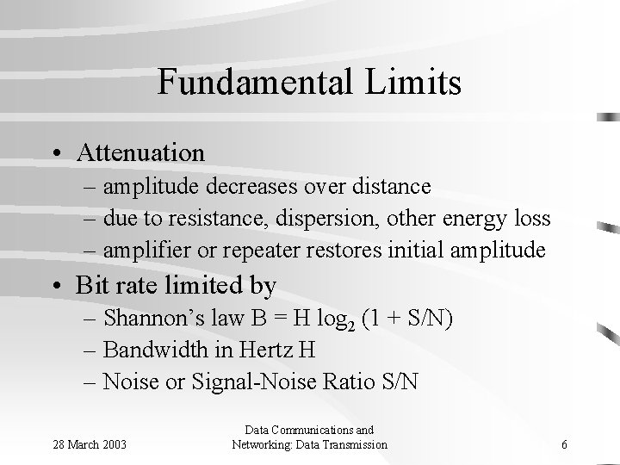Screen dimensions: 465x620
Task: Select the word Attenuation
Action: pyautogui.click(x=140, y=153)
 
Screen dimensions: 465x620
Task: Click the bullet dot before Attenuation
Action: pyautogui.click(x=55, y=153)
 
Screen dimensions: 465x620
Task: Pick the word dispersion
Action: pyautogui.click(x=290, y=219)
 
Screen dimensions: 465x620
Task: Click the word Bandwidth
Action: pyautogui.click(x=152, y=350)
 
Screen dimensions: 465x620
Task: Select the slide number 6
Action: pyautogui.click(x=563, y=444)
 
